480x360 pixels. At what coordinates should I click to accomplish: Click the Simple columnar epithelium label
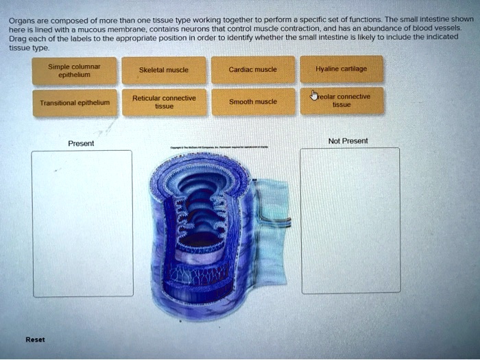[x=65, y=70]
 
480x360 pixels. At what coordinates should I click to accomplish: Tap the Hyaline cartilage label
[x=341, y=69]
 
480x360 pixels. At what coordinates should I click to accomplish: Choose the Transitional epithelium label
[x=65, y=103]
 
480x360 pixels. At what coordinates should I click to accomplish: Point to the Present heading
[x=81, y=143]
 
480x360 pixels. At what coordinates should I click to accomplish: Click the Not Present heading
[x=348, y=141]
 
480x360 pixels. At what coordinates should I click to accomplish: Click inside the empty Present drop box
[x=82, y=224]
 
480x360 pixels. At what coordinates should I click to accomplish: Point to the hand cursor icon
[x=314, y=95]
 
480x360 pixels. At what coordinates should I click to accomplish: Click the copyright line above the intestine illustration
[x=219, y=147]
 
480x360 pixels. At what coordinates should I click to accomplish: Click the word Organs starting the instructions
[x=21, y=20]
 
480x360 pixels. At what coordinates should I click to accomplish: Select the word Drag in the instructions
[x=16, y=40]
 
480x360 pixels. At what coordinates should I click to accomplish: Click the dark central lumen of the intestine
[x=202, y=237]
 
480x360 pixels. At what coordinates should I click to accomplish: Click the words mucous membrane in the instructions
[x=90, y=30]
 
